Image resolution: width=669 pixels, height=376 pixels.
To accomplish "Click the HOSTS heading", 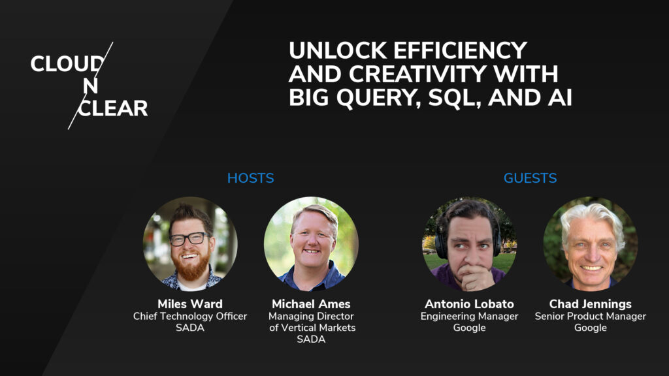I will tap(250, 178).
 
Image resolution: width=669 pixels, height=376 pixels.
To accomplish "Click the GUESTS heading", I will tap(530, 178).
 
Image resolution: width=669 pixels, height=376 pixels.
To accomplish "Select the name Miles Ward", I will tap(190, 304).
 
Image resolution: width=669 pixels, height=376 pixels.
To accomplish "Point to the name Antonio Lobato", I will tap(469, 304).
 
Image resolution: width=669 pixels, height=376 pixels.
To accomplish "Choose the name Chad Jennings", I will tap(591, 304).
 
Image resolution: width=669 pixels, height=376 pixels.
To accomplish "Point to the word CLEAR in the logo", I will tap(113, 108).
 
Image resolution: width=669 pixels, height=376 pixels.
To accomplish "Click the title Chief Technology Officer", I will tap(190, 317).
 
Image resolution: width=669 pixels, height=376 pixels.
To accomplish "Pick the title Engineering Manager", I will tap(469, 317).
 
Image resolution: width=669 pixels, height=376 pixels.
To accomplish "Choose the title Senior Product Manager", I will tap(591, 317).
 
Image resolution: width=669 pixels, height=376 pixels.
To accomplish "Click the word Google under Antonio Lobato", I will tap(469, 328).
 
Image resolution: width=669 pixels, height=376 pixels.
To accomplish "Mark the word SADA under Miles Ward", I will tap(190, 328).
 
